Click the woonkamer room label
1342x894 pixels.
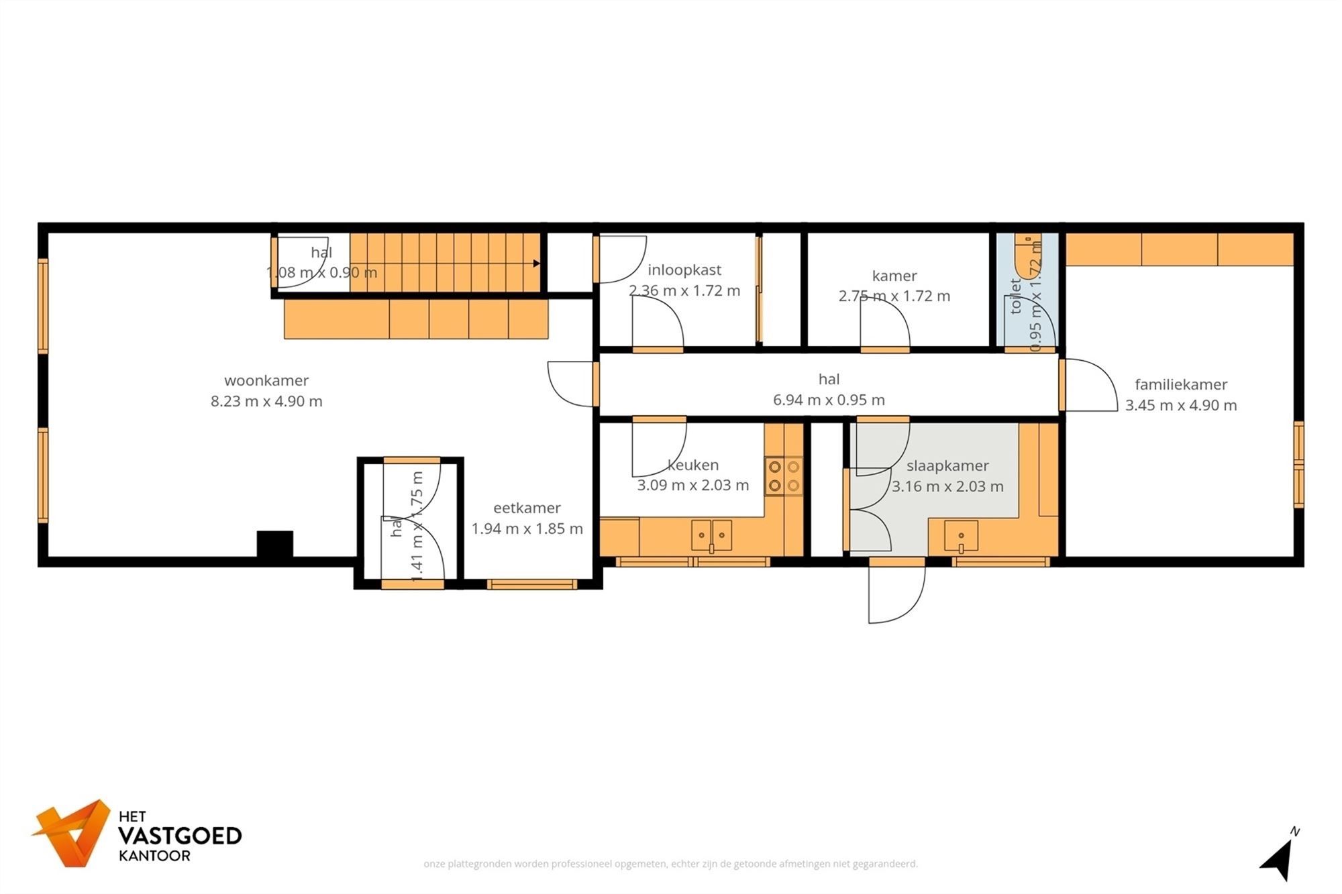(x=266, y=380)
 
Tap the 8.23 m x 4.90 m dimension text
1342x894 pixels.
(x=266, y=401)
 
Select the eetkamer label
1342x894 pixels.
(x=527, y=508)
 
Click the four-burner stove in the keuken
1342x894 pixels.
(x=784, y=476)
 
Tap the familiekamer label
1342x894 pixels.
(x=1181, y=384)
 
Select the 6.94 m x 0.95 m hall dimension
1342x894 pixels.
(x=829, y=400)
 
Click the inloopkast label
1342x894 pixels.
(x=684, y=270)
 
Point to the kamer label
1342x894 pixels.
(x=894, y=276)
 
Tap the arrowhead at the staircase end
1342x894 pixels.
(x=536, y=264)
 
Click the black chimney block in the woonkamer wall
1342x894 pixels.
(x=275, y=543)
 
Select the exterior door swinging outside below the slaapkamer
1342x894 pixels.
(x=896, y=594)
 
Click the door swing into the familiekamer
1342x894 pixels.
(x=1088, y=385)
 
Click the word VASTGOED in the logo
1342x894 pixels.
(x=180, y=836)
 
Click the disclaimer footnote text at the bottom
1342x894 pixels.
(x=670, y=864)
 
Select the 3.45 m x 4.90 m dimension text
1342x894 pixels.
(x=1181, y=405)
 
